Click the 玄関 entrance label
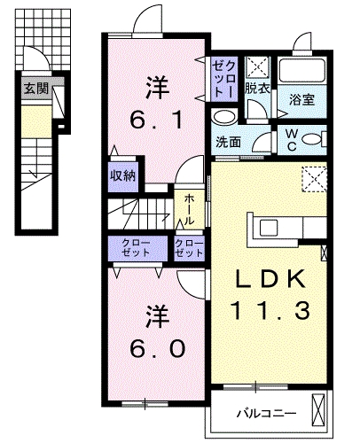pyautogui.click(x=36, y=88)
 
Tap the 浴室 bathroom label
pyautogui.click(x=301, y=99)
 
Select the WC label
pyautogui.click(x=292, y=140)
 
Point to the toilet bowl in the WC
pyautogui.click(x=313, y=139)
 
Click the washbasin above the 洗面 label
pyautogui.click(x=225, y=117)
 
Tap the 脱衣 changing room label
pyautogui.click(x=257, y=88)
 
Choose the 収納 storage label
pyautogui.click(x=122, y=176)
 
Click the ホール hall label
pyautogui.click(x=189, y=209)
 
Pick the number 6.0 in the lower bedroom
pyautogui.click(x=157, y=348)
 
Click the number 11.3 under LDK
pyautogui.click(x=271, y=310)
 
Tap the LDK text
pyautogui.click(x=270, y=278)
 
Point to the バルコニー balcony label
pyautogui.click(x=266, y=413)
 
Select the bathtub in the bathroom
pyautogui.click(x=302, y=71)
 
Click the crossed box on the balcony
pyautogui.click(x=318, y=410)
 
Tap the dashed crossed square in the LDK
pyautogui.click(x=314, y=179)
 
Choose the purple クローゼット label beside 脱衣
pyautogui.click(x=224, y=80)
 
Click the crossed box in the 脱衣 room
pyautogui.click(x=257, y=67)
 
